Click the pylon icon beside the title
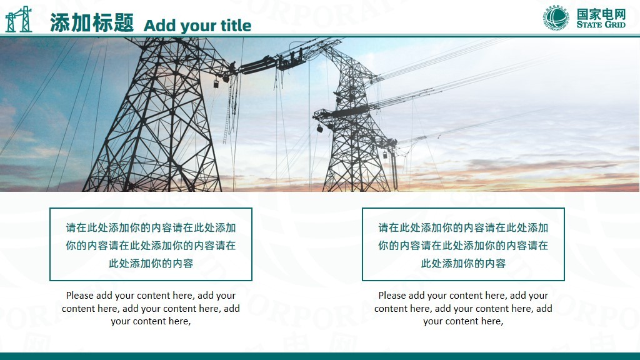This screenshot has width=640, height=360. pyautogui.click(x=18, y=19)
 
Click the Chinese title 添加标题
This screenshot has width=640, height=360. pyautogui.click(x=92, y=22)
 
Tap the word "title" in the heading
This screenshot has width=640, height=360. pyautogui.click(x=236, y=25)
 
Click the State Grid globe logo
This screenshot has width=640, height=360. pyautogui.click(x=556, y=18)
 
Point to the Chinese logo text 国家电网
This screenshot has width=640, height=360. pyautogui.click(x=601, y=14)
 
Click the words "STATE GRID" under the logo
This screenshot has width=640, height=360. pyautogui.click(x=601, y=24)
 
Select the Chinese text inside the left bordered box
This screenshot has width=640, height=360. pyautogui.click(x=151, y=245)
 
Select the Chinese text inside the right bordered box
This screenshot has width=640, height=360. pyautogui.click(x=463, y=245)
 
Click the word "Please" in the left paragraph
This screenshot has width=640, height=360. pyautogui.click(x=79, y=296)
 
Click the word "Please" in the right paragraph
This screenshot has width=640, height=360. pyautogui.click(x=392, y=296)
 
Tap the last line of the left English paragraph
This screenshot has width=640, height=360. pyautogui.click(x=151, y=322)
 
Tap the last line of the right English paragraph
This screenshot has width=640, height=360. pyautogui.click(x=463, y=322)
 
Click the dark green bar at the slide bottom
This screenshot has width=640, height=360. pyautogui.click(x=320, y=356)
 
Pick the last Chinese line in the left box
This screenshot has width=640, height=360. pyautogui.click(x=151, y=263)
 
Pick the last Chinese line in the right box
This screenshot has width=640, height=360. pyautogui.click(x=463, y=263)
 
